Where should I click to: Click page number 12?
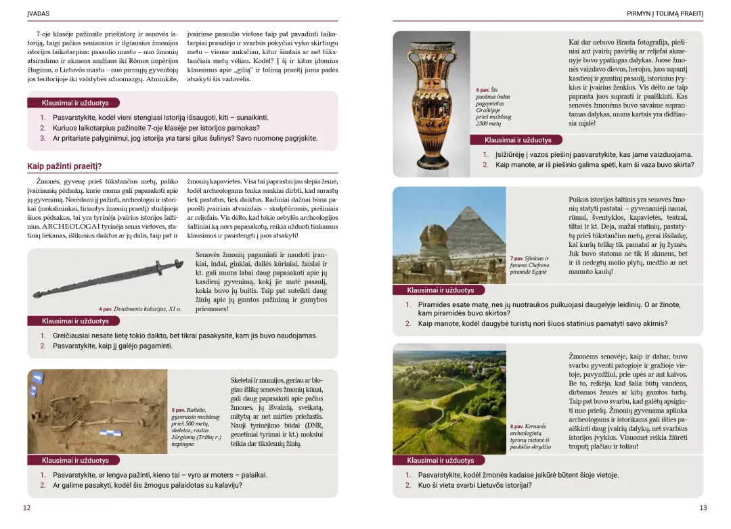pyautogui.click(x=26, y=508)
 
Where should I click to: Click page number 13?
pyautogui.click(x=703, y=508)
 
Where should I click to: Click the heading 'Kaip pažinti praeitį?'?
pyautogui.click(x=64, y=166)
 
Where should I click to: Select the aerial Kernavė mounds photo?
pyautogui.click(x=449, y=399)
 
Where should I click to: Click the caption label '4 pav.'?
pyautogui.click(x=105, y=309)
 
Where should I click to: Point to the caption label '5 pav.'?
pyautogui.click(x=178, y=410)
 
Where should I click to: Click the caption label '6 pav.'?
pyautogui.click(x=482, y=90)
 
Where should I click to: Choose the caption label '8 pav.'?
pyautogui.click(x=518, y=427)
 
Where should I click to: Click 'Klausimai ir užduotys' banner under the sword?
pyautogui.click(x=74, y=321)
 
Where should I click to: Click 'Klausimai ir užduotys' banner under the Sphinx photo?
pyautogui.click(x=440, y=290)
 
